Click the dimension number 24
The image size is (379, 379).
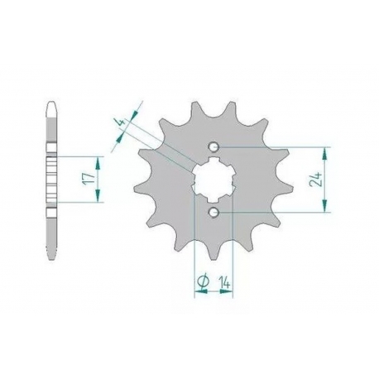316,180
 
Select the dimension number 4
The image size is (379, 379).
121,122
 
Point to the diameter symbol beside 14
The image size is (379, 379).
204,281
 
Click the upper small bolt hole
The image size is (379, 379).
213,146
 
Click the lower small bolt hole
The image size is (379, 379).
213,213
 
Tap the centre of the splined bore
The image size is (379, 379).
213,180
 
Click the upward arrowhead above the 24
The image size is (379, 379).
324,154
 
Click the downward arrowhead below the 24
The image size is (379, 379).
324,206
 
